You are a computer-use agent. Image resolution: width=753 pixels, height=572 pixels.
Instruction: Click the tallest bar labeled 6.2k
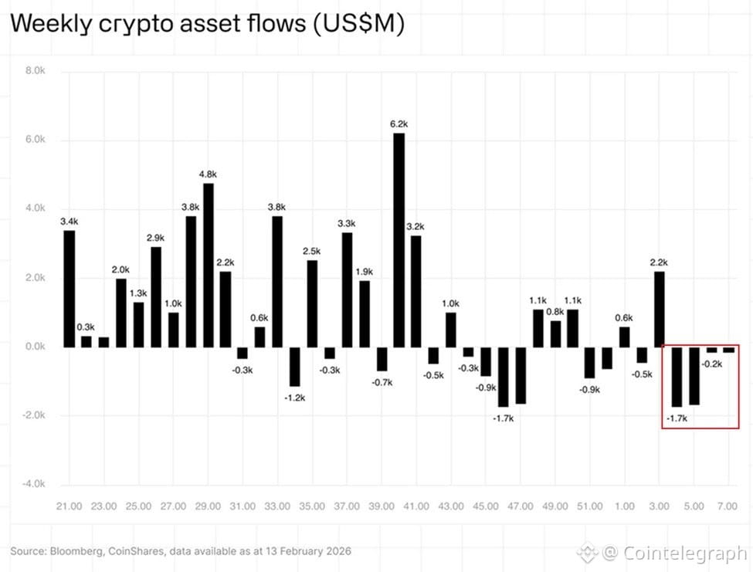399,240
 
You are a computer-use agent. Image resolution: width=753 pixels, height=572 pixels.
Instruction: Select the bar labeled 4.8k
208,265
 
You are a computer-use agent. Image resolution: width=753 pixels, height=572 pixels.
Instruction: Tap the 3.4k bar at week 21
70,289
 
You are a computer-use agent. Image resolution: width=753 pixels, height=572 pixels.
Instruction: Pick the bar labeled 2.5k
312,303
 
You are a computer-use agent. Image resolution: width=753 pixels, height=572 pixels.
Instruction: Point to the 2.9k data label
155,238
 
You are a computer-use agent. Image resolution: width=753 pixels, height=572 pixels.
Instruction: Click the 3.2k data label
416,227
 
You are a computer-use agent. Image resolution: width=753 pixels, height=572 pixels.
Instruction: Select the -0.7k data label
382,381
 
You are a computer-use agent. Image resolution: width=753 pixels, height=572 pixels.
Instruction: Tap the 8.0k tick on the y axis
36,71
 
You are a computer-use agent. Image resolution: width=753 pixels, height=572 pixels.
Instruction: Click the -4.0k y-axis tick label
35,484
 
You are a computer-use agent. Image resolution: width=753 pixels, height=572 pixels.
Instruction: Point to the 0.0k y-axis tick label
36,347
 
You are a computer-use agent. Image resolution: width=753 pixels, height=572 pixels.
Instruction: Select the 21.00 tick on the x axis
69,506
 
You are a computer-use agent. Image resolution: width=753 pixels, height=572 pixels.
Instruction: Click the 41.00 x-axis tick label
416,506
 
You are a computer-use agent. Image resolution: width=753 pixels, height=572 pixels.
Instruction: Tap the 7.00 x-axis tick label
728,506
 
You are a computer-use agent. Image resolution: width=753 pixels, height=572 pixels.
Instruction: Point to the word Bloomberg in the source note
76,551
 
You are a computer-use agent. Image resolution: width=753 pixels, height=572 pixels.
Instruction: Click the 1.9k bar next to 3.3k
364,313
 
